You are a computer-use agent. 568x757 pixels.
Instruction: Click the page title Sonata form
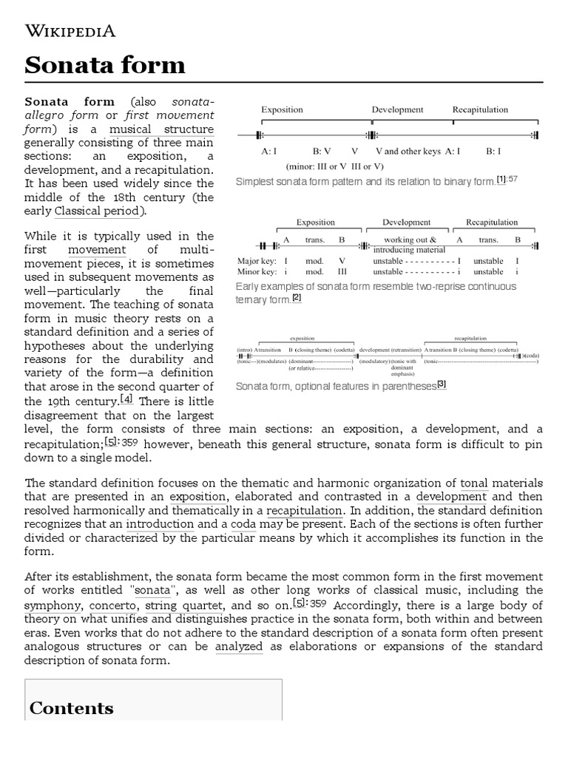pyautogui.click(x=104, y=65)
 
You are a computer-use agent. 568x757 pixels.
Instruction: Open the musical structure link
pyautogui.click(x=162, y=129)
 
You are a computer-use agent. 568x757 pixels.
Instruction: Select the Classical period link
pyautogui.click(x=97, y=211)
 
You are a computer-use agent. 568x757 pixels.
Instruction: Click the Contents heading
pyautogui.click(x=71, y=708)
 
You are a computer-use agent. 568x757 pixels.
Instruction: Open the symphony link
pyautogui.click(x=51, y=605)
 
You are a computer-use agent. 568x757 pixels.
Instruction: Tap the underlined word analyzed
pyautogui.click(x=239, y=646)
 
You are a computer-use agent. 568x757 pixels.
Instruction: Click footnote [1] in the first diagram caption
pyautogui.click(x=501, y=180)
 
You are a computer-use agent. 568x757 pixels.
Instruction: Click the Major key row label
pyautogui.click(x=255, y=261)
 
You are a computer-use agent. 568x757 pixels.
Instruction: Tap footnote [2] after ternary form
pyautogui.click(x=297, y=298)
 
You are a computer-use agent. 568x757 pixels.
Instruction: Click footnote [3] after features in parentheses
pyautogui.click(x=442, y=384)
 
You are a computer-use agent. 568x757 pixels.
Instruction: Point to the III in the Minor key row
pyautogui.click(x=342, y=271)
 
